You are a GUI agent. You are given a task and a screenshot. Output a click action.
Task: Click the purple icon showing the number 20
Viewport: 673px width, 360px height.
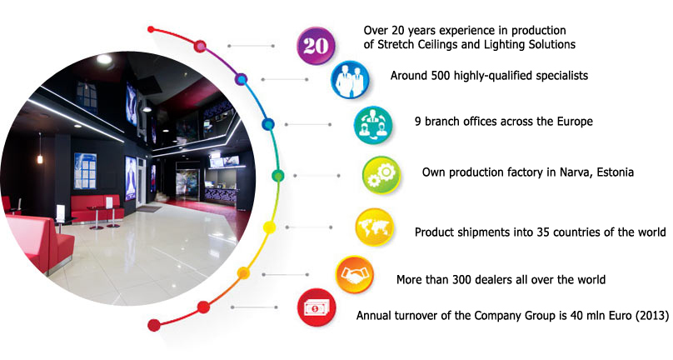click(316, 46)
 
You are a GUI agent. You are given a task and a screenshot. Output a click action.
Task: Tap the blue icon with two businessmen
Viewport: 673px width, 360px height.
click(350, 79)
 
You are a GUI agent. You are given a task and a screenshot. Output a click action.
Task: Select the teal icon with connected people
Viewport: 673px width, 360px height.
click(373, 124)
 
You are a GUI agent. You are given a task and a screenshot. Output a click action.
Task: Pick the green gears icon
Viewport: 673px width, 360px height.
click(381, 175)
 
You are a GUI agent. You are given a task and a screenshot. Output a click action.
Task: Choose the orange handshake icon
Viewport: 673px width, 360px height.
click(355, 274)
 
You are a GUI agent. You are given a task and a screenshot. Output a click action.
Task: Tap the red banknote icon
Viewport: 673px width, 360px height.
click(316, 307)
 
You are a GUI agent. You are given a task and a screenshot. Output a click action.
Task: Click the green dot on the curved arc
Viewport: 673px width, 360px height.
click(278, 176)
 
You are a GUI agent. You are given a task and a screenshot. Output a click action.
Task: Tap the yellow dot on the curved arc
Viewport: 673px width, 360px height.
click(269, 227)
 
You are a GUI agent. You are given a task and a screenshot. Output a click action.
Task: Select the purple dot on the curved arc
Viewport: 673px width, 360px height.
click(242, 79)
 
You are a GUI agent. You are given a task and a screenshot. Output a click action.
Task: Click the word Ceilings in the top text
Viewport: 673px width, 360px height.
click(439, 45)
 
